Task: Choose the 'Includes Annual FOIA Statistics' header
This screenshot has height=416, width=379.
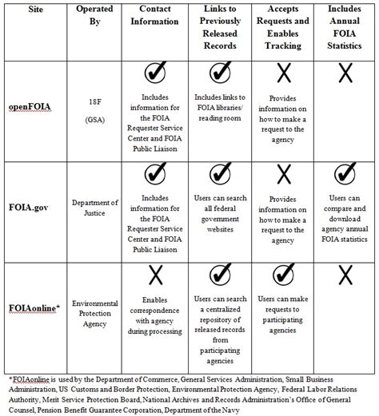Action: (x=344, y=30)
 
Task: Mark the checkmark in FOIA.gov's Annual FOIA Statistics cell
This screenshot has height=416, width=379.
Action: (x=344, y=174)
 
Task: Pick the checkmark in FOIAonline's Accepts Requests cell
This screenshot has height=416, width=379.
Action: (x=281, y=275)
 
